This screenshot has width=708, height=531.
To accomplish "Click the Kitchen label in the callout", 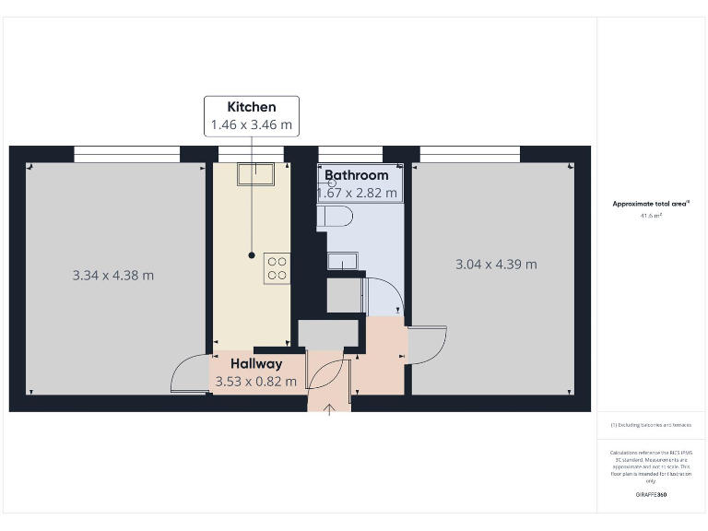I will coord(252,107).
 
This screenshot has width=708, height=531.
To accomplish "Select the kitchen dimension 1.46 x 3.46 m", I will coord(252,124).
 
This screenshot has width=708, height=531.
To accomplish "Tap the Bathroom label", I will coord(356,175).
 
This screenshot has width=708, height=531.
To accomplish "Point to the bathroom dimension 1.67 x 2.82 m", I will coord(358,193).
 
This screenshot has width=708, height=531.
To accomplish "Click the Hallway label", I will coord(256,363).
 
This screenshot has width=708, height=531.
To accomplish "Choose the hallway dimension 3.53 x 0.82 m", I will coord(256,381).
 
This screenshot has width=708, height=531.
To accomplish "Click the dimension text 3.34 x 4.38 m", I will coord(113,275).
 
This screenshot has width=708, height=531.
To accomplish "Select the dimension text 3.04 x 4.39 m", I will coord(497,265).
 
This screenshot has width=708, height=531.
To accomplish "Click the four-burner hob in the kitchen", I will coord(277,267).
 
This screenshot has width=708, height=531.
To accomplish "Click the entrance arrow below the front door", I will coord(330,408).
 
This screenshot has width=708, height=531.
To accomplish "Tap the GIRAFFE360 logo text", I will coord(651,495).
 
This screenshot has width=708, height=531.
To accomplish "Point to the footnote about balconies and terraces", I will coord(651,425).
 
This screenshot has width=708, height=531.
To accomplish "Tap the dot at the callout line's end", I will coord(252,254).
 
